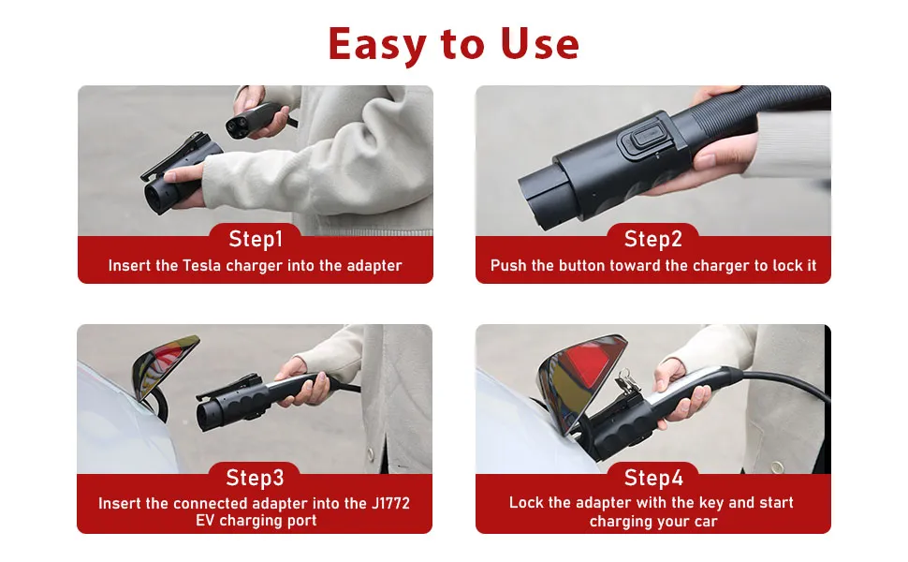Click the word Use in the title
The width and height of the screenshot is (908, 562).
[x=539, y=43]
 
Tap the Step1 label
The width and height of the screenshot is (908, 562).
[x=256, y=239]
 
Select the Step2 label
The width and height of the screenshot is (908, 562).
[x=653, y=239]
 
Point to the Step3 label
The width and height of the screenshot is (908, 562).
[x=255, y=478]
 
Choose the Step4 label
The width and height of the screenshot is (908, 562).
[x=653, y=478]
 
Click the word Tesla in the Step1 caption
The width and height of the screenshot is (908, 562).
[x=201, y=265]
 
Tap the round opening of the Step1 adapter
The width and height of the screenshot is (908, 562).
[x=157, y=197]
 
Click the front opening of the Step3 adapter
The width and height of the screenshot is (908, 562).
[x=206, y=416]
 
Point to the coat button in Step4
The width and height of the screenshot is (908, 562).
[x=777, y=466]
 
